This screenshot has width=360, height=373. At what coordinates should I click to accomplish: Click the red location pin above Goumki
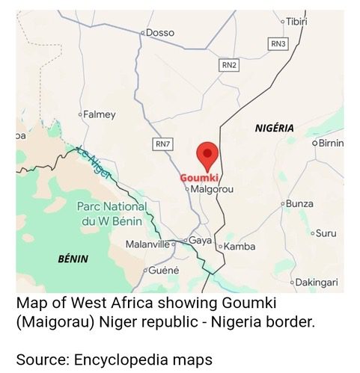click(x=207, y=155)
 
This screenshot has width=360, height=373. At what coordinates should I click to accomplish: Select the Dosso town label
click(x=159, y=32)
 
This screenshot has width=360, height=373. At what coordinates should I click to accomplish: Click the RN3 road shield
click(x=278, y=44)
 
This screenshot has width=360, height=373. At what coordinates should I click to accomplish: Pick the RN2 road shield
click(x=229, y=66)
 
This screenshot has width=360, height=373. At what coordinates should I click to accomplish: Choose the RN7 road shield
click(x=162, y=143)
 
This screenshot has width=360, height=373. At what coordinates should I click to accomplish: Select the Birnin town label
click(x=330, y=143)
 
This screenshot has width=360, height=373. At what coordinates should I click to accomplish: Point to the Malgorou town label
click(x=213, y=190)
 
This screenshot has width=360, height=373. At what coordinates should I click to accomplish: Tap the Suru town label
click(x=326, y=233)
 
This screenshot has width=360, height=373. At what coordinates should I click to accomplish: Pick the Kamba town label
click(x=240, y=247)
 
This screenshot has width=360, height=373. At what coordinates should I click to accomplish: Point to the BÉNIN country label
click(x=73, y=259)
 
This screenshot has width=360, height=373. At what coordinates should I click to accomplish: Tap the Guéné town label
click(x=163, y=269)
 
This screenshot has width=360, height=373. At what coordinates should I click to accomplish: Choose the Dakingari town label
click(x=317, y=282)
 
